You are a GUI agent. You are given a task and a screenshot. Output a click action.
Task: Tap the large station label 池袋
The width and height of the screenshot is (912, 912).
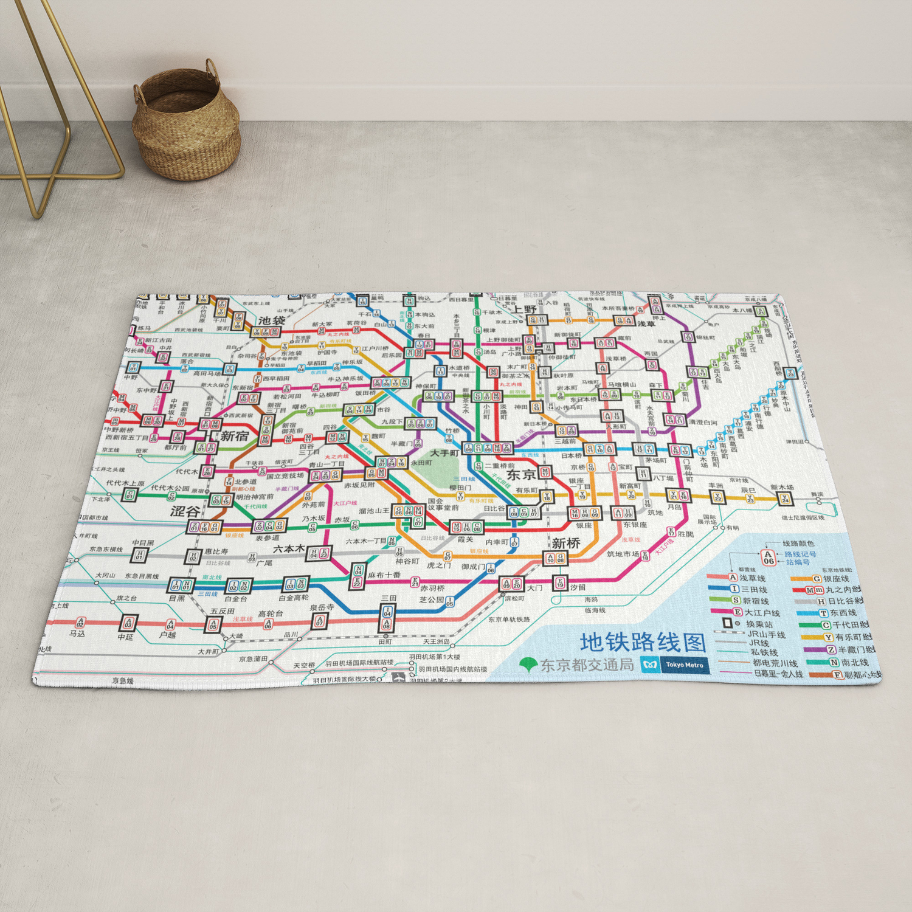(x=271, y=320)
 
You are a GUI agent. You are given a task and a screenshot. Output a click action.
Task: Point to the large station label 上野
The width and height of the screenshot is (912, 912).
(x=523, y=309)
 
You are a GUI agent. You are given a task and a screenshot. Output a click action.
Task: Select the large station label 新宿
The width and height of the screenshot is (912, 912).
(x=235, y=436)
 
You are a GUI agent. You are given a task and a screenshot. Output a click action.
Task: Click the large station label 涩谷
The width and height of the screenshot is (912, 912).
(x=185, y=511)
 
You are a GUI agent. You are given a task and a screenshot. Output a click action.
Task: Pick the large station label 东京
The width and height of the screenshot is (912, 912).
(x=521, y=475)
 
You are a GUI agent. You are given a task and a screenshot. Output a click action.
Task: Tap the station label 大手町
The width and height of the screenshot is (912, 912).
(x=444, y=454)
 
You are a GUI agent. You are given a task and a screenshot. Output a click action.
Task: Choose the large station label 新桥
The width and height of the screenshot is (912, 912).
(x=565, y=543)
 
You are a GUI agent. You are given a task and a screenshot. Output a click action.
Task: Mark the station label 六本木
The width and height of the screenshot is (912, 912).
(x=288, y=548)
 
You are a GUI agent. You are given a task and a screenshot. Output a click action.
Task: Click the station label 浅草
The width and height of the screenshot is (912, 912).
(x=646, y=324)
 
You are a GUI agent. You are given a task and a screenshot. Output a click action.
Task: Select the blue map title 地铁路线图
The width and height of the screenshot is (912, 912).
(x=643, y=642)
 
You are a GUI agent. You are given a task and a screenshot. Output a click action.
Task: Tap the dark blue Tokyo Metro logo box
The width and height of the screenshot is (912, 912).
(x=684, y=665)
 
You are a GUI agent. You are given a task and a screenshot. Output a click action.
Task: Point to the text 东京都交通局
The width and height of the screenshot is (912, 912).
(x=587, y=665)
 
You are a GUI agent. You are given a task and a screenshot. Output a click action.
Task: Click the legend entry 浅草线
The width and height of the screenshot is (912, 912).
(x=752, y=578)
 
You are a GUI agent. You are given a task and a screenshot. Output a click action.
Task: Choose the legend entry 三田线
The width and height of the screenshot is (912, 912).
(x=754, y=590)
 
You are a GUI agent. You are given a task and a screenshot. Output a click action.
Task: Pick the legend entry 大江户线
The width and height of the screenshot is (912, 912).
(x=762, y=613)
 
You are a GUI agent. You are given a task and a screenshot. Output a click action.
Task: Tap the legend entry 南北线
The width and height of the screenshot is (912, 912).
(x=854, y=662)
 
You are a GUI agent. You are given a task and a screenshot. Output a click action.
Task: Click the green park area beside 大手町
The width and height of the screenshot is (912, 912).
(x=439, y=472)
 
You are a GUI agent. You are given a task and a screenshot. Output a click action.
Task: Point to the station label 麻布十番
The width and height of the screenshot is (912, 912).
(x=384, y=575)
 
